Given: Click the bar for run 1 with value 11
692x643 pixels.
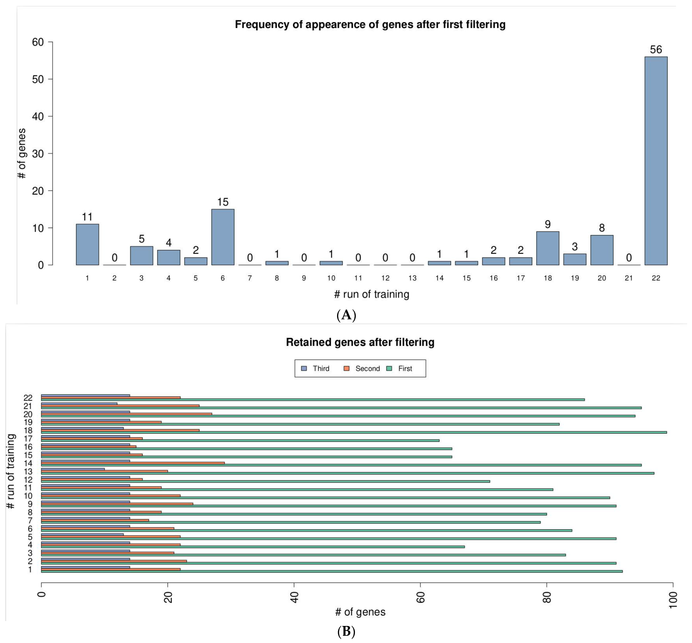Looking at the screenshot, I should click(87, 245).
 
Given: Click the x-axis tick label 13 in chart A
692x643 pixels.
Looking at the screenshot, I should click(412, 278).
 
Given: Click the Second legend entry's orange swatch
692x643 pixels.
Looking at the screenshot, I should click(346, 368).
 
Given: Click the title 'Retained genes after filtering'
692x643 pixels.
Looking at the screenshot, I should click(360, 342).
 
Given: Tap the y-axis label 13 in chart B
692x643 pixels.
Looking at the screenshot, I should click(28, 472).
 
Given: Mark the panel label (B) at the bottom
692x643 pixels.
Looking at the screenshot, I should click(346, 632).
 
